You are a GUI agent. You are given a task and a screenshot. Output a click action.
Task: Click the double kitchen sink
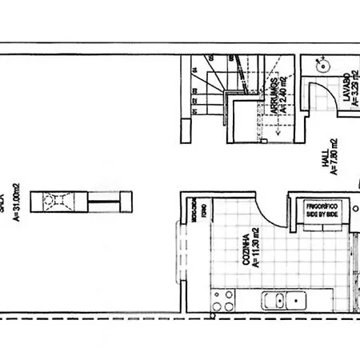(x=286, y=302)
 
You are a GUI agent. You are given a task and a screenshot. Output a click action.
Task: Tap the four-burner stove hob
(x=222, y=302)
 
